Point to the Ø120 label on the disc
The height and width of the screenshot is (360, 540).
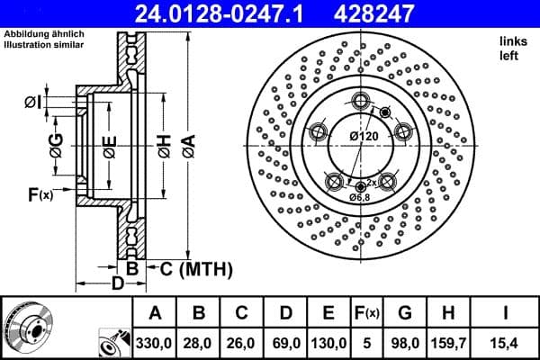[x=363, y=137]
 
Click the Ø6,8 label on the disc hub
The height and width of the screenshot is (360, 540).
[x=361, y=197]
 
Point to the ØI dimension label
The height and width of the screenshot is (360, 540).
[x=31, y=103]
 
